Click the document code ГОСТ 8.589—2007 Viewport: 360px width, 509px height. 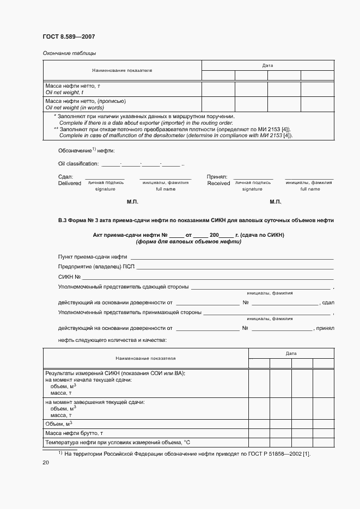(68, 36)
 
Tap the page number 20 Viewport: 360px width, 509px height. (46, 463)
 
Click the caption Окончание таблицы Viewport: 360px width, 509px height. (69, 53)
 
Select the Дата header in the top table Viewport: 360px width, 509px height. (267, 66)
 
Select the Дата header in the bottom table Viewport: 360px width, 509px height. (291, 353)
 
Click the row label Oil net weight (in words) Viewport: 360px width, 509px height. (75, 107)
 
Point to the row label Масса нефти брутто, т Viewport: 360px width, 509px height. (75, 433)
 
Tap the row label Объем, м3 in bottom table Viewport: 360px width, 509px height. (59, 423)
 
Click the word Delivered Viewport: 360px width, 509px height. (69, 183)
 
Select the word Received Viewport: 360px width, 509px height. (218, 183)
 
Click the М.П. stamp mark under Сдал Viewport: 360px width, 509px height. (132, 203)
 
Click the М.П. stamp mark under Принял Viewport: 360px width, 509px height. (275, 203)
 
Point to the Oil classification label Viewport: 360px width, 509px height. (78, 163)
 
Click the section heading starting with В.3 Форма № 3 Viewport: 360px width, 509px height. (192, 220)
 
